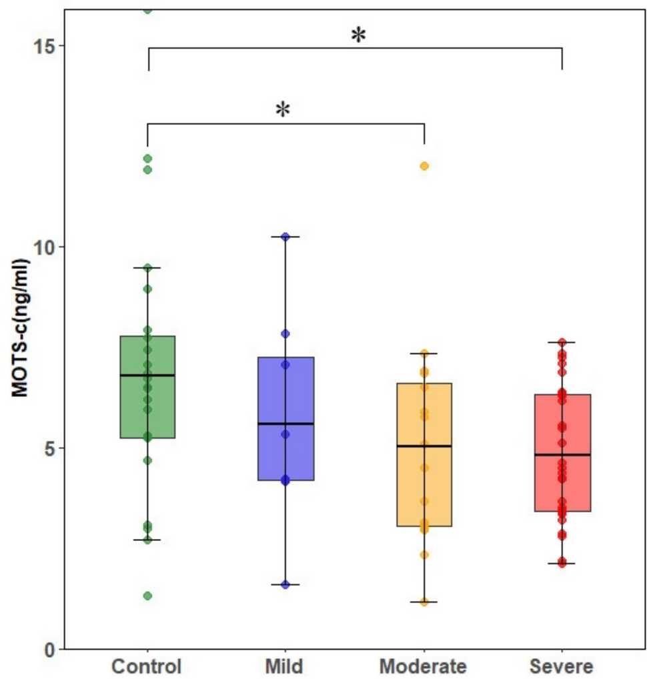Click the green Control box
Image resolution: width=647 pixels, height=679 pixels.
coord(147,407)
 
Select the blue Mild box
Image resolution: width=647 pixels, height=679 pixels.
coord(286,454)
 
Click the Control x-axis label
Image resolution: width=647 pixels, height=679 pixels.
coord(147,666)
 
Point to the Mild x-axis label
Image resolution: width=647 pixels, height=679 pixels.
coord(284,666)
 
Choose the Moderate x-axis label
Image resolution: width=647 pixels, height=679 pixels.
coord(424,666)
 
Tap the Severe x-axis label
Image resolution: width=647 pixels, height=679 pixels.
coord(562,666)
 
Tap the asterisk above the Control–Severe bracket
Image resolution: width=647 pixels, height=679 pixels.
coord(359,36)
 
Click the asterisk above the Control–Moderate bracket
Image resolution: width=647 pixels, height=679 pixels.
coord(283,111)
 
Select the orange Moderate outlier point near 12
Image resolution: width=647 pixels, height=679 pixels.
coord(424,166)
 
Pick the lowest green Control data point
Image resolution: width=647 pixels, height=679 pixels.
coord(147,596)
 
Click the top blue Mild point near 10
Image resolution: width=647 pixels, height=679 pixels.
coord(285,237)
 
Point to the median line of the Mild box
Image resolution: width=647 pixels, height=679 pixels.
coord(286,424)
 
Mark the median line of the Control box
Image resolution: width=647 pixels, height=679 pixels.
coord(147,376)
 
